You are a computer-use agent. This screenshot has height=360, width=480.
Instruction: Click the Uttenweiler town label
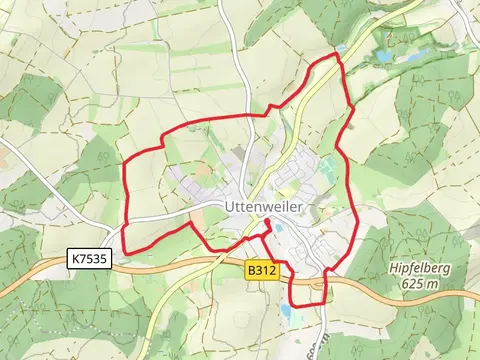pyautogui.click(x=263, y=208)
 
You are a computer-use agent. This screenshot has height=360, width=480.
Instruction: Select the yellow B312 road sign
pyautogui.click(x=261, y=270)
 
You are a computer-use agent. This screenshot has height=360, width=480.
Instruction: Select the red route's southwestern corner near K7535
pyautogui.click(x=123, y=251)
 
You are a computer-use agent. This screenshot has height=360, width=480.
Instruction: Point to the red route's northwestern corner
pyautogui.click(x=124, y=162)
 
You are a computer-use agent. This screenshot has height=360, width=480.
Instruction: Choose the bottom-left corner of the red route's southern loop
pyautogui.click(x=290, y=305)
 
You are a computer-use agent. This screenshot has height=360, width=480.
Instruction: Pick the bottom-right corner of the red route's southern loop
pyautogui.click(x=323, y=304)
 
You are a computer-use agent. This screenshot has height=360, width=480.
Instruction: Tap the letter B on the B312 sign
pyautogui.click(x=252, y=270)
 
